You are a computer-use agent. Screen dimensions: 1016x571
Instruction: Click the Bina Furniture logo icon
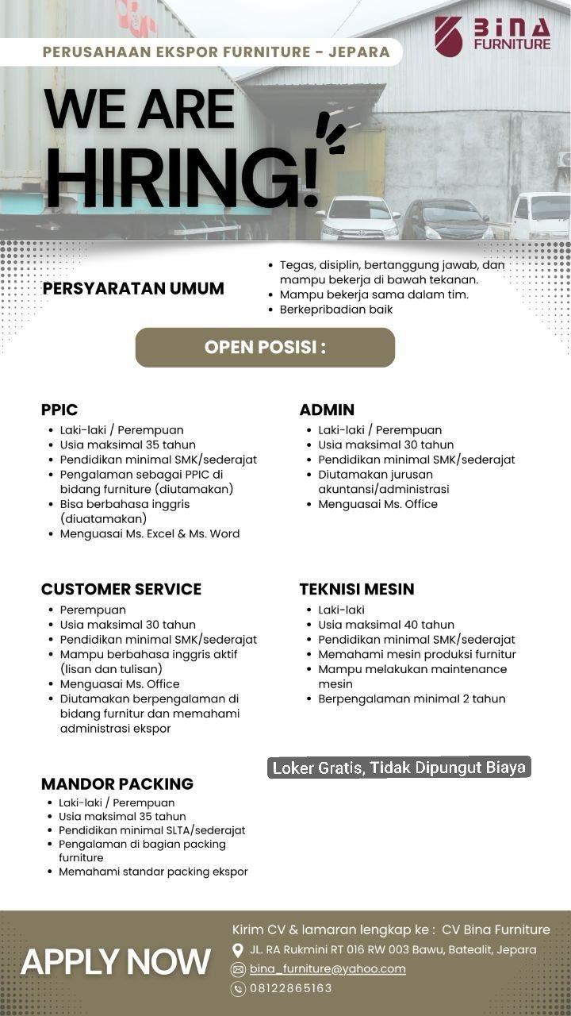click(x=448, y=36)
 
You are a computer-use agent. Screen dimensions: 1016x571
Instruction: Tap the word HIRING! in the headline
click(x=182, y=173)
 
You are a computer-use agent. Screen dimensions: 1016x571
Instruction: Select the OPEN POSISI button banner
click(x=265, y=348)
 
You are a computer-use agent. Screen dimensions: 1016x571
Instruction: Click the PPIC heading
click(x=59, y=410)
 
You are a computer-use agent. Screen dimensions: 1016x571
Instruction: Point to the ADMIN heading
click(x=327, y=410)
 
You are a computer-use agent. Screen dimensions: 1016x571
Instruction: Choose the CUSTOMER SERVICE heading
click(x=121, y=589)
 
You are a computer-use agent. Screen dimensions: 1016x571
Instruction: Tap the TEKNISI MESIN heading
click(x=357, y=589)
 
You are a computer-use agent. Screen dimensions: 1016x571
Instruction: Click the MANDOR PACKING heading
click(x=117, y=783)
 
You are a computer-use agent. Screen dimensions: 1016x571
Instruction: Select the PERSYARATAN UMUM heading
click(x=133, y=288)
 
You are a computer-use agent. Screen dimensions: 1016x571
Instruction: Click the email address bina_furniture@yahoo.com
click(x=328, y=968)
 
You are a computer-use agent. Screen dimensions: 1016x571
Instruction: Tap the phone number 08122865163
click(x=291, y=988)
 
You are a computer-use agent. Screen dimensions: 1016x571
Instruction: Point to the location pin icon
click(x=237, y=950)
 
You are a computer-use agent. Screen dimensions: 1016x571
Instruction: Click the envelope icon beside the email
click(x=237, y=969)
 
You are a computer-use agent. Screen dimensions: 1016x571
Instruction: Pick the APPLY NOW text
click(x=116, y=961)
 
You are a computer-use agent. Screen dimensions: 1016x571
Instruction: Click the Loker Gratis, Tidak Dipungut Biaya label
click(x=399, y=768)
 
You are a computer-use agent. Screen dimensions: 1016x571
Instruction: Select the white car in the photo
click(x=358, y=218)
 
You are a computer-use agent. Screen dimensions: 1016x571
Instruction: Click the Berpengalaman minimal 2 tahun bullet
click(x=412, y=698)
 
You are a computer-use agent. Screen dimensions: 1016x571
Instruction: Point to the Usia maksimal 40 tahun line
click(x=386, y=625)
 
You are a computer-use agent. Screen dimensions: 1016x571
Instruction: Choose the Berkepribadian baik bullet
click(x=335, y=310)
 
